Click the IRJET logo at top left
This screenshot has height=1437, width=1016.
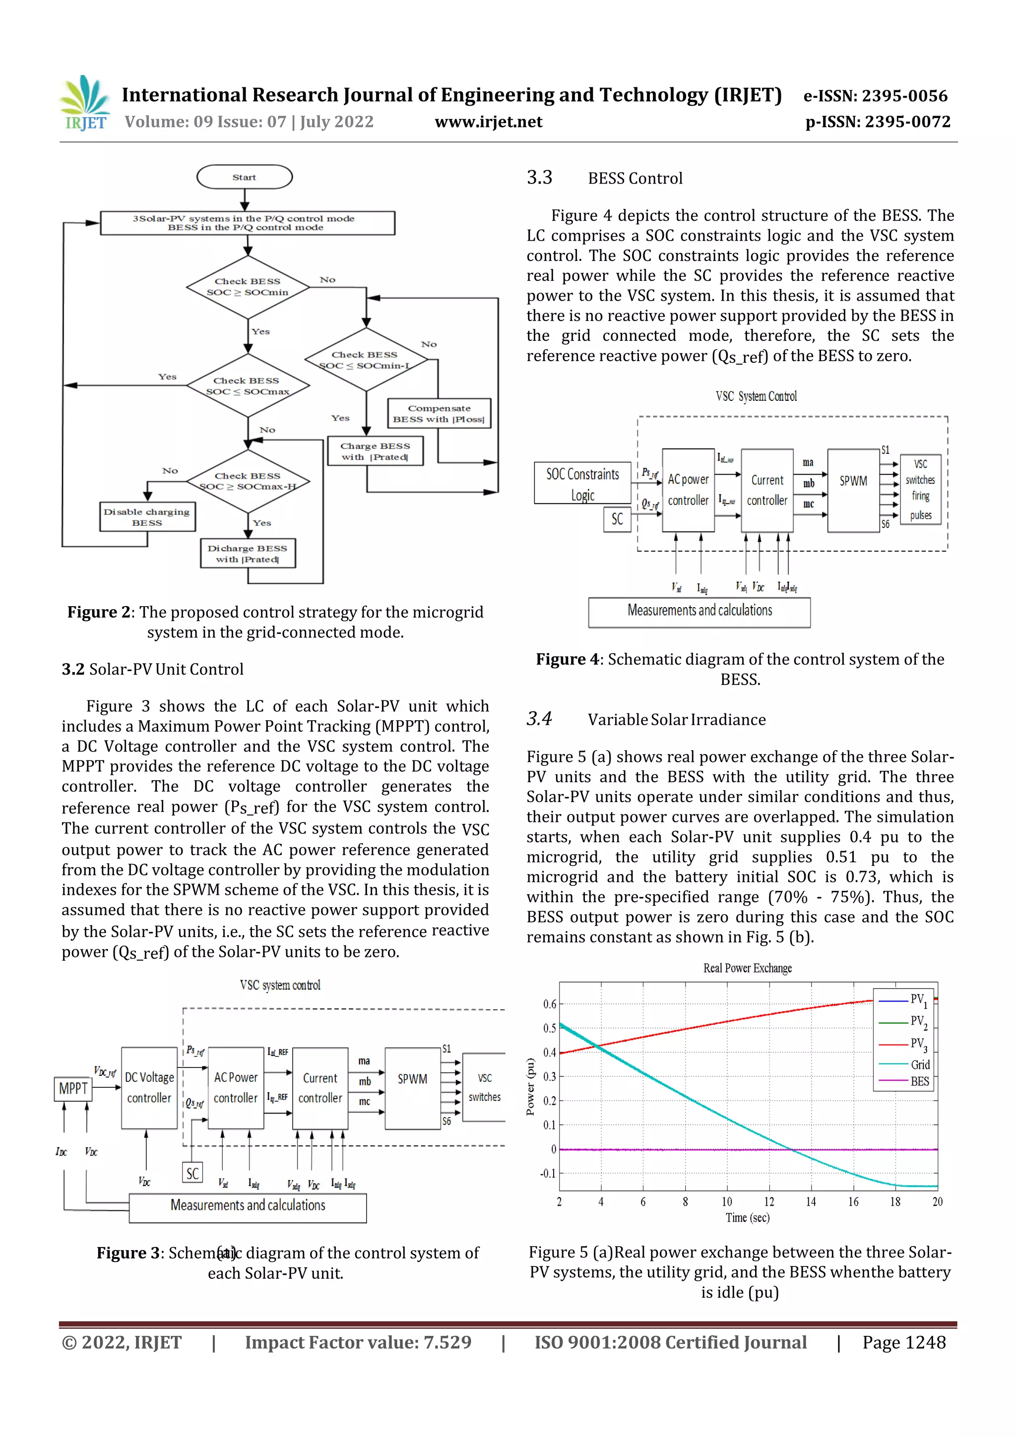click(x=86, y=103)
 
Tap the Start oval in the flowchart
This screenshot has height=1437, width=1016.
click(x=244, y=177)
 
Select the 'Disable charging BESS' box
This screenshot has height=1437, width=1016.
click(x=147, y=517)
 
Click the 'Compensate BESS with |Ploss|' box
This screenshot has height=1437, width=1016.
click(x=439, y=414)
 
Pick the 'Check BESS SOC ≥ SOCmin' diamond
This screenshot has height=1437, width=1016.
click(x=248, y=287)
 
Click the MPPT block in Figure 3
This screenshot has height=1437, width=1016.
click(x=73, y=1089)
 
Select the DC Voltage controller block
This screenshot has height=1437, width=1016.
click(x=149, y=1088)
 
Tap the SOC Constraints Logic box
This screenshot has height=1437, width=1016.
click(x=582, y=483)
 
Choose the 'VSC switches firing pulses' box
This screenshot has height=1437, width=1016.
click(x=920, y=490)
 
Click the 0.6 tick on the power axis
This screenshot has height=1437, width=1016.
click(x=549, y=1004)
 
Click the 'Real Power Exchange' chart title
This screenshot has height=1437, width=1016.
click(x=748, y=968)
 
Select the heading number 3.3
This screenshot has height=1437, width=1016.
click(x=540, y=178)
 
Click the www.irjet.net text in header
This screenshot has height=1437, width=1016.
click(x=488, y=122)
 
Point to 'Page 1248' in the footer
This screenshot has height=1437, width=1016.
click(x=903, y=1342)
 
